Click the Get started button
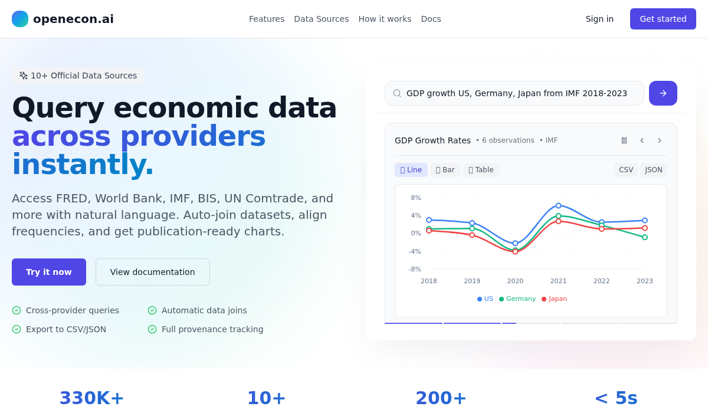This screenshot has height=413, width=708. tap(663, 19)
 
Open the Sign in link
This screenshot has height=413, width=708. tap(599, 19)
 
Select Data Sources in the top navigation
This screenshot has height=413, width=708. tap(321, 19)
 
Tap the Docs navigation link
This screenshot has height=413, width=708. tap(431, 19)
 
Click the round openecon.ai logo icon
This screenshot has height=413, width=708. tap(20, 19)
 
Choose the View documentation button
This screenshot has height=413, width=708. tap(153, 272)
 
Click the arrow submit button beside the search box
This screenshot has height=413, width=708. tap(663, 93)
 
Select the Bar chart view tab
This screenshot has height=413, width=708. tap(445, 170)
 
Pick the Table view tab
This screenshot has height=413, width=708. tap(481, 170)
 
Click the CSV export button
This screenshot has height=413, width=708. tap(626, 170)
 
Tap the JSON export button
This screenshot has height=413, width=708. tap(653, 170)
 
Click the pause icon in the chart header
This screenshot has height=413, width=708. tap(624, 140)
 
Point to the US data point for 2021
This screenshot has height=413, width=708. tap(559, 206)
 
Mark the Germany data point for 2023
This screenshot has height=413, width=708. tap(645, 237)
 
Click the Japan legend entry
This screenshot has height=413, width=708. tap(554, 299)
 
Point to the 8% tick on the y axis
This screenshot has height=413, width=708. tap(415, 198)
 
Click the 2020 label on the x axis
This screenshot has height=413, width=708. tap(515, 281)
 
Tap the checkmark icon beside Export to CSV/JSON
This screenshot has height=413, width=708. tap(17, 329)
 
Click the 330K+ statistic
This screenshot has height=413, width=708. tap(91, 398)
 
